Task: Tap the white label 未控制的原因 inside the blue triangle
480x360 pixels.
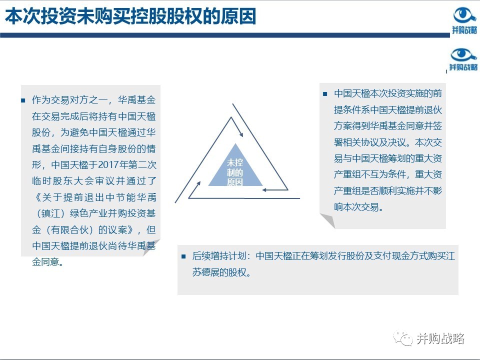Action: coord(234,172)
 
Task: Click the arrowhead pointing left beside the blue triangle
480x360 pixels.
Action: coord(266,189)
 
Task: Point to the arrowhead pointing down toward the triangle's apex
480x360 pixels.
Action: coord(241,134)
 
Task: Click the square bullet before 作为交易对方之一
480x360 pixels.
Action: coord(22,100)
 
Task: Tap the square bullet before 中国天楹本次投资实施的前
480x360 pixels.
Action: coord(324,94)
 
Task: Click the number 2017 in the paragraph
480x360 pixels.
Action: coord(114,165)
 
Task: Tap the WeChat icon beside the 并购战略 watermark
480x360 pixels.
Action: coord(403,339)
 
